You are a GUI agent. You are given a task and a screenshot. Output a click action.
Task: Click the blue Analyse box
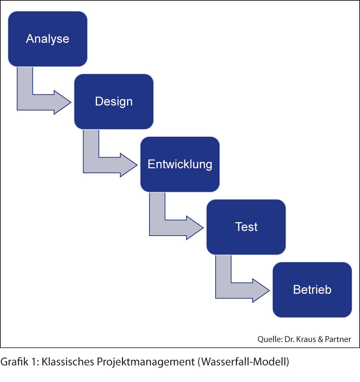(x=48, y=39)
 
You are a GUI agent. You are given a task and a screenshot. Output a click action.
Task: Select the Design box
(x=114, y=102)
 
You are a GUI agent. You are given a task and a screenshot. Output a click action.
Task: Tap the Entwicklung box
(x=180, y=164)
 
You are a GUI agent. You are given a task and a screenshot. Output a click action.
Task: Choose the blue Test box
(x=246, y=227)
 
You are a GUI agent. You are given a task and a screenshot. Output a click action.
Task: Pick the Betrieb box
(x=312, y=290)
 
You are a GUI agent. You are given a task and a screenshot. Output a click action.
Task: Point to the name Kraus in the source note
(x=306, y=339)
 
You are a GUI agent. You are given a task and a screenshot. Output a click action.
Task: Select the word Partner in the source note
(x=338, y=339)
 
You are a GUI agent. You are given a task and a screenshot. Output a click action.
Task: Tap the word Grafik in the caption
(x=14, y=362)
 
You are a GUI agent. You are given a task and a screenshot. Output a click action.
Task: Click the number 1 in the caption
(x=34, y=362)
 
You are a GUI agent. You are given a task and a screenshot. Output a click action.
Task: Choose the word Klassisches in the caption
(x=68, y=362)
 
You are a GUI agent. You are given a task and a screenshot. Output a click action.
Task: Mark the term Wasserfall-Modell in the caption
(x=243, y=362)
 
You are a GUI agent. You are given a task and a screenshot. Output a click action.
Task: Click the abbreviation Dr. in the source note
(x=289, y=339)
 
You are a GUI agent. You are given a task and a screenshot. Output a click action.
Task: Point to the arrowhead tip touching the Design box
(x=71, y=102)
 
